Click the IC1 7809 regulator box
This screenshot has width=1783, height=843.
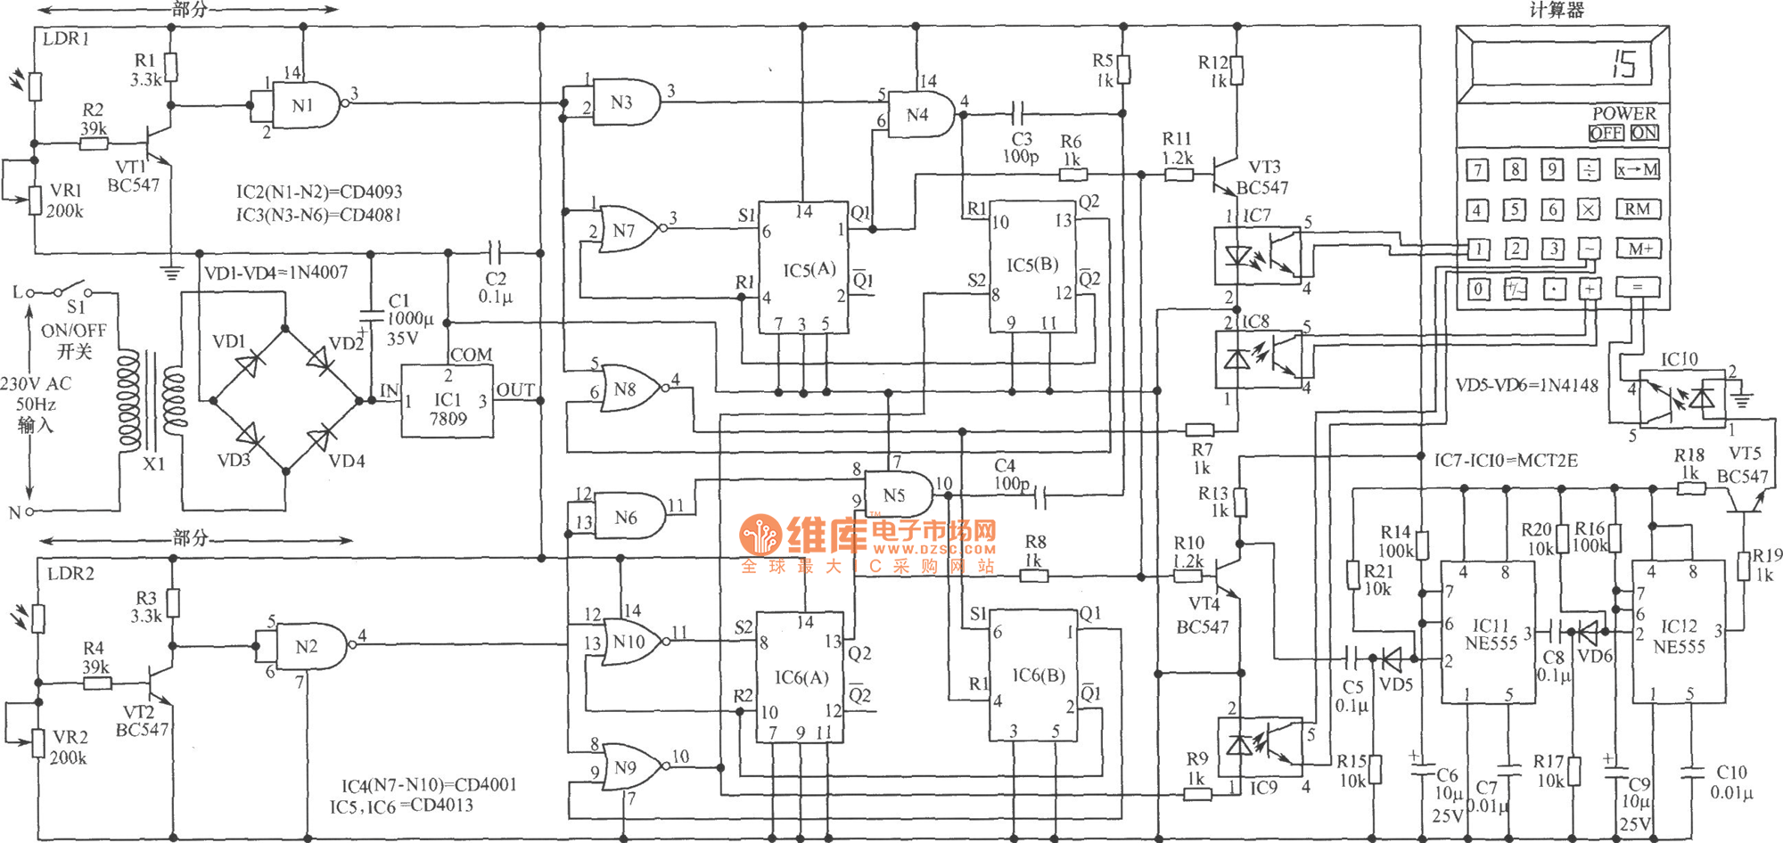coord(447,401)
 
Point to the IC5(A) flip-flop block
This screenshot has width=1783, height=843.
coord(802,267)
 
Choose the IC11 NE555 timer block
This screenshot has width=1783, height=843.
coord(1488,633)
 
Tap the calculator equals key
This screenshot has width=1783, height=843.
coord(1638,287)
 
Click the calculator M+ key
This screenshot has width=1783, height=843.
coord(1639,249)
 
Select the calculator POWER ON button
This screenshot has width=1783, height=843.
coord(1644,133)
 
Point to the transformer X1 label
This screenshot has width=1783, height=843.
coord(153,464)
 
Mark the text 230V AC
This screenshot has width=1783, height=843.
coord(36,384)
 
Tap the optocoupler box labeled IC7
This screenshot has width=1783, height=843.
coord(1258,256)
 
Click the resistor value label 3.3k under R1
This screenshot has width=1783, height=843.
coord(145,79)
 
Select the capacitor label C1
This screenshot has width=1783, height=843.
coord(399,301)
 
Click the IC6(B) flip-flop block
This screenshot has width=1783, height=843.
coord(1032,675)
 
